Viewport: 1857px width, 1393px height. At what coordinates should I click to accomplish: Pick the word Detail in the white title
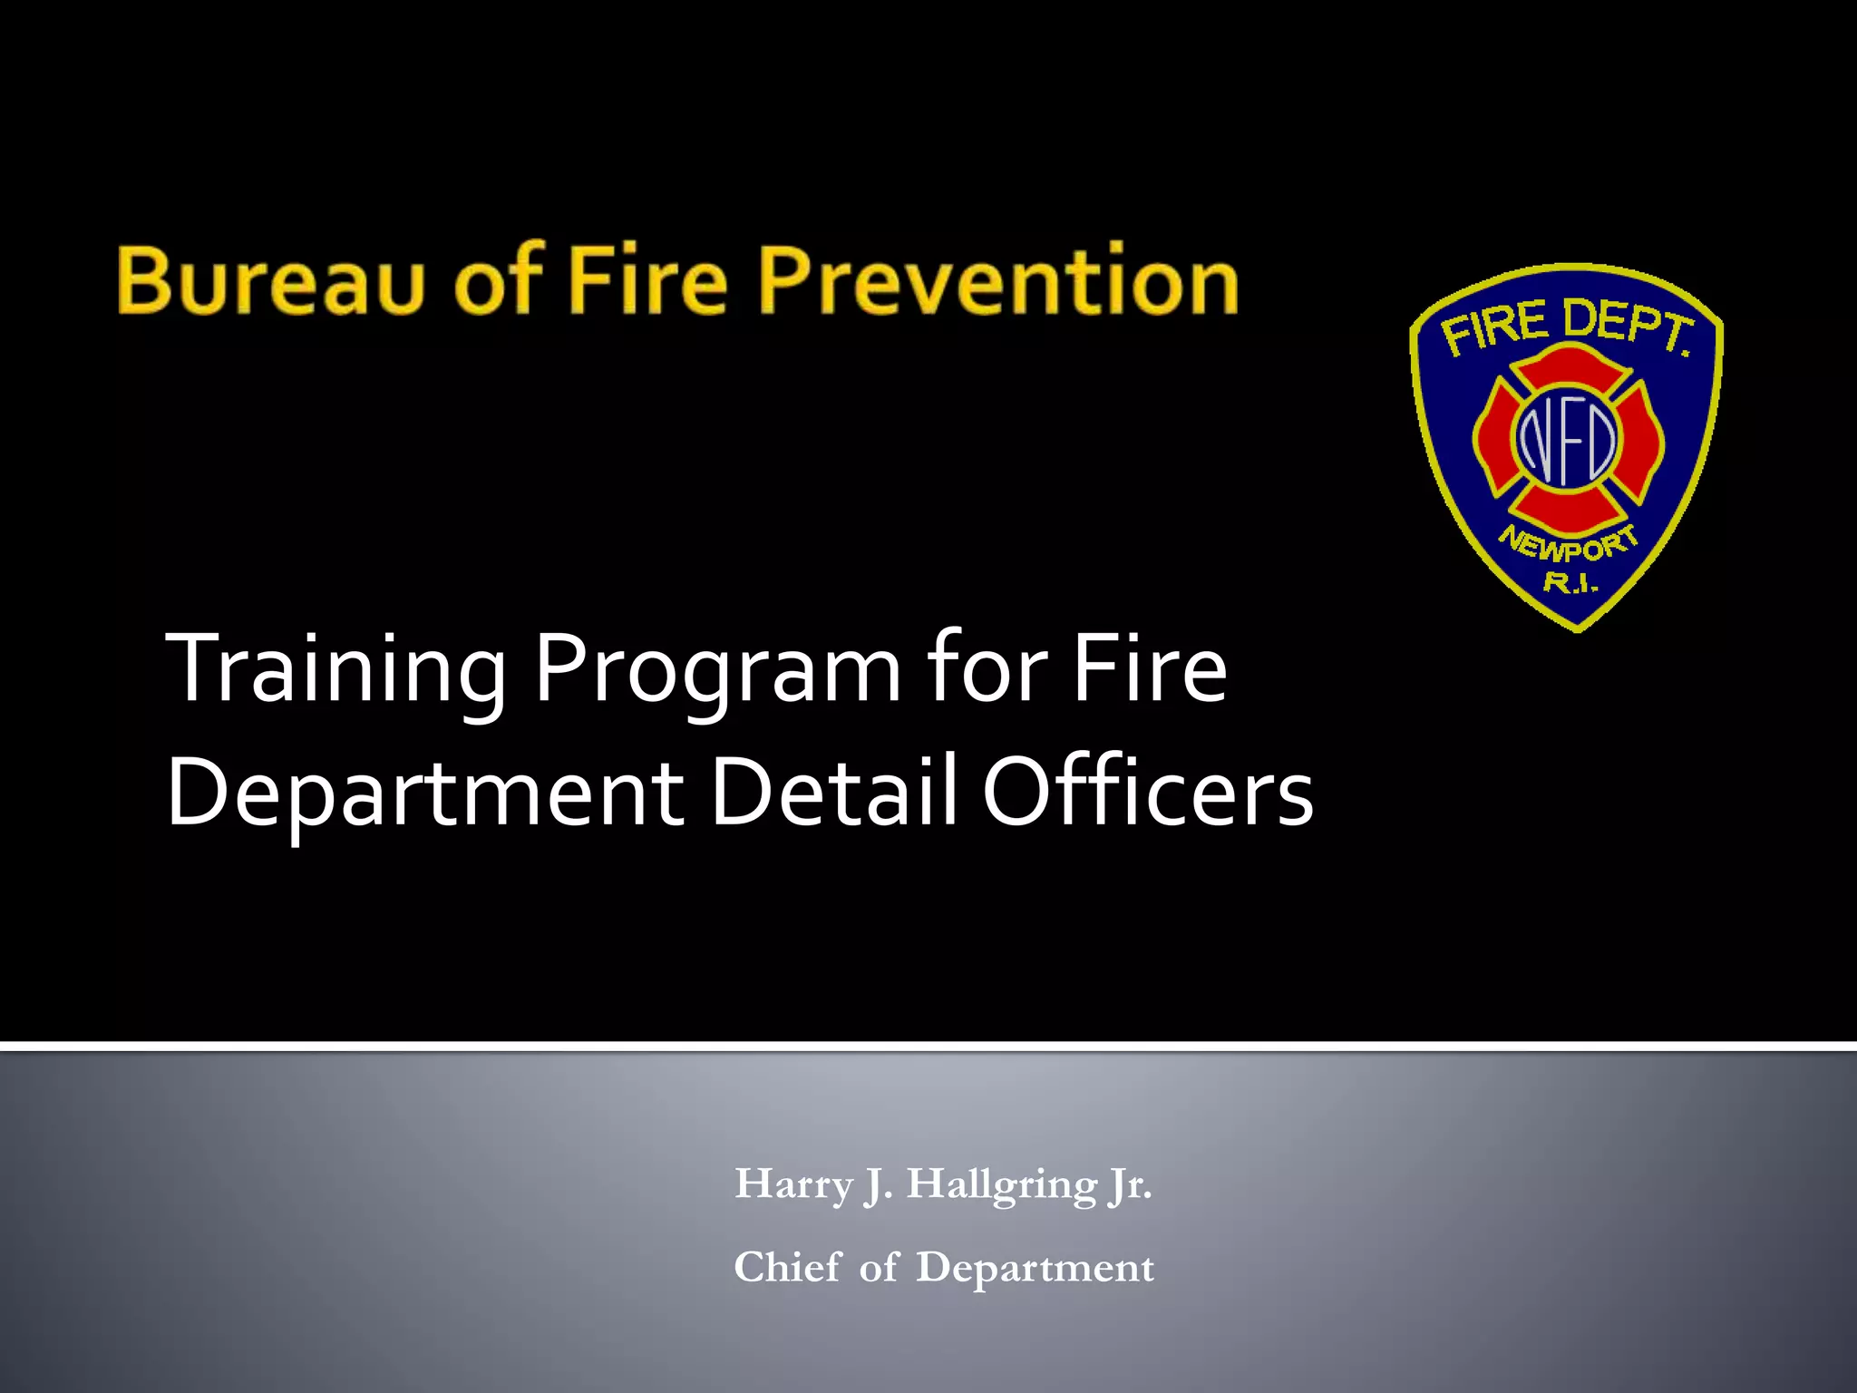[834, 793]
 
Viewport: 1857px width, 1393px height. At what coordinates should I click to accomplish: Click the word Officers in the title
[1148, 793]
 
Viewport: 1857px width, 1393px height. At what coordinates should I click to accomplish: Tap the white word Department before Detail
[424, 793]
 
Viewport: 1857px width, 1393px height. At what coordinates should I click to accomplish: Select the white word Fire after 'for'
[1150, 669]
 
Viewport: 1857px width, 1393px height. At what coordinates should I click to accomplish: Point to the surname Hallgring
[1002, 1184]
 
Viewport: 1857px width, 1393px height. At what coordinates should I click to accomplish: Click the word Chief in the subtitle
[787, 1267]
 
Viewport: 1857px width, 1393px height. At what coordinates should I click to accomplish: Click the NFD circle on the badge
[1567, 442]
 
